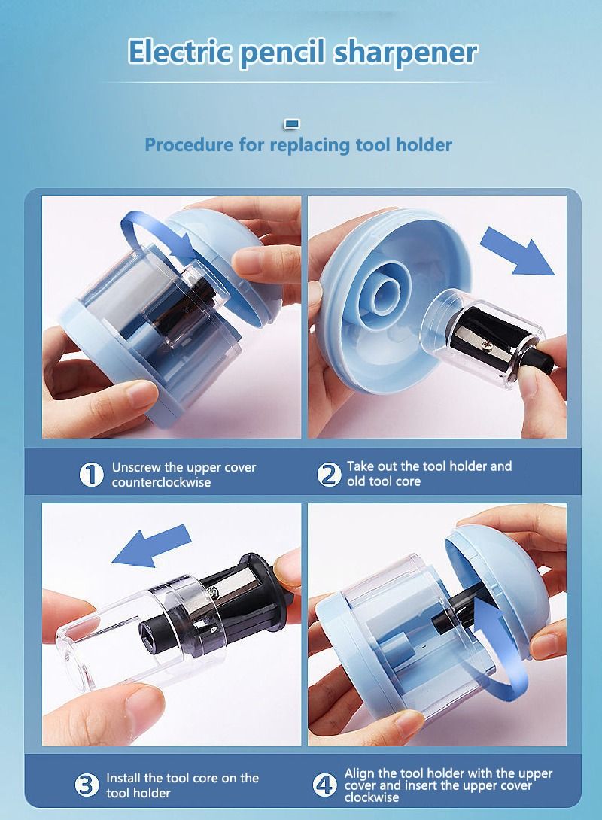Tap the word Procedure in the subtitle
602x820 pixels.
click(189, 144)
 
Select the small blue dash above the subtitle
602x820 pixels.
click(293, 123)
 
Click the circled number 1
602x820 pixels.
click(91, 475)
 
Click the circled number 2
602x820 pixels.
click(329, 475)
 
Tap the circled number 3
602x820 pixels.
click(87, 785)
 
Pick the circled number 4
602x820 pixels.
click(324, 785)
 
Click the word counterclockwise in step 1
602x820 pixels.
click(161, 483)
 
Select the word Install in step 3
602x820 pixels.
click(124, 778)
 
